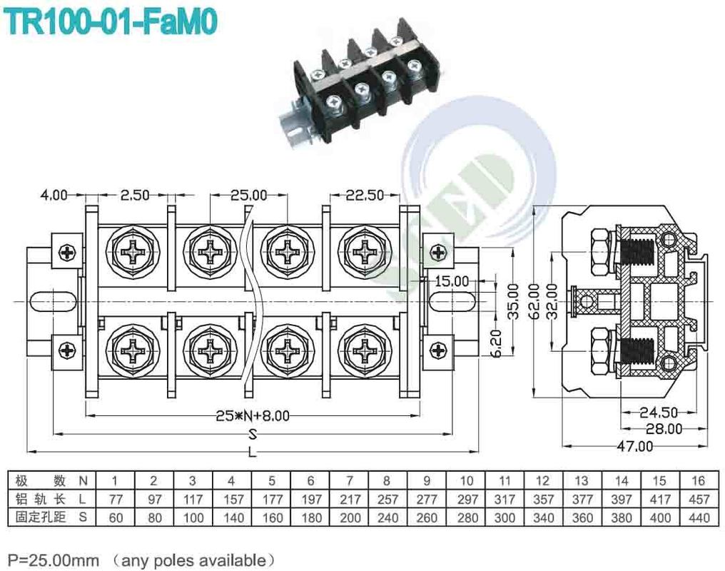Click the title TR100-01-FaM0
(x=111, y=21)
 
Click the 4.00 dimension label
(x=54, y=194)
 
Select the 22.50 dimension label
(x=365, y=194)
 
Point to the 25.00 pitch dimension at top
(x=248, y=194)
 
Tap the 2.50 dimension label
(x=135, y=194)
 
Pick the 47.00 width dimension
(x=635, y=446)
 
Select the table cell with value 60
(x=115, y=517)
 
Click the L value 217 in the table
(x=349, y=499)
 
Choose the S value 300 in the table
(x=505, y=517)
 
